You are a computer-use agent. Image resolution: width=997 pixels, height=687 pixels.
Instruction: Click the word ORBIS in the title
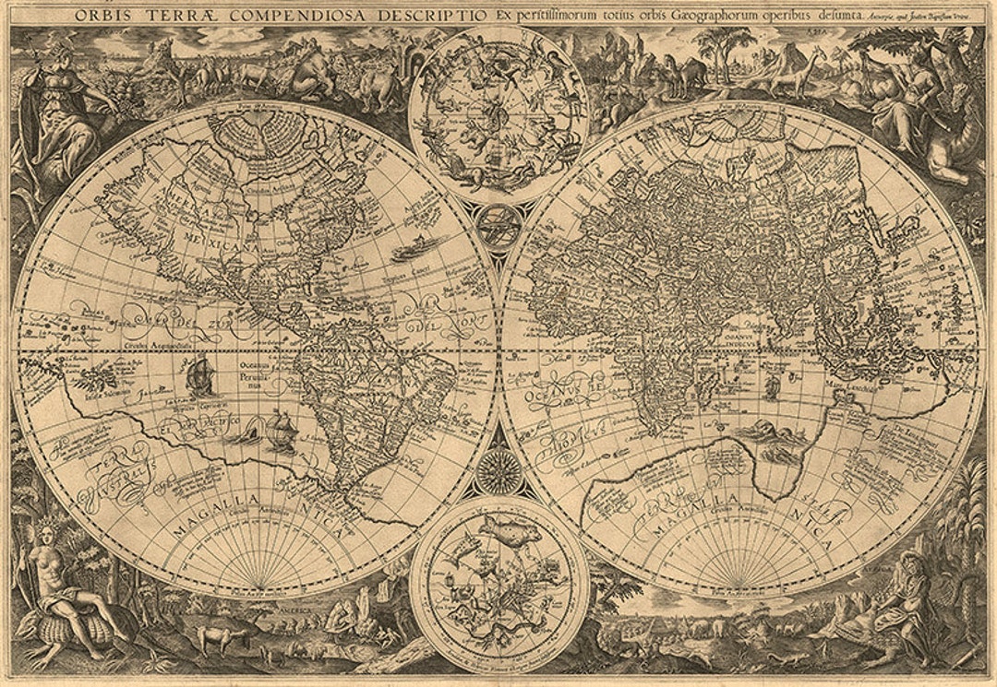[102, 15]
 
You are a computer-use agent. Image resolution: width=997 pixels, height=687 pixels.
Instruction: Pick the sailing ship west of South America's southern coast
[281, 430]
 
